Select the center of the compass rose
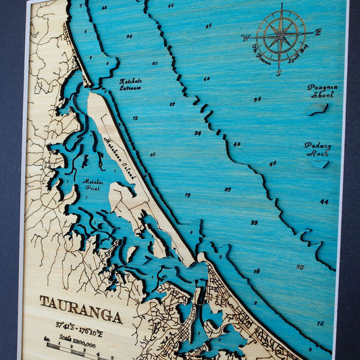(280, 34)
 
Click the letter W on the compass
(245, 38)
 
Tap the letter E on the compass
(318, 32)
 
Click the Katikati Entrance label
(130, 84)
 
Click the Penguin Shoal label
(322, 91)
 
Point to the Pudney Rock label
(317, 149)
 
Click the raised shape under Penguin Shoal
(317, 107)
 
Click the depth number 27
(228, 189)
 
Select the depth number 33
(254, 222)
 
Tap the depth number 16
(257, 271)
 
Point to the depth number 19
(187, 195)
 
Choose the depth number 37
(172, 104)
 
